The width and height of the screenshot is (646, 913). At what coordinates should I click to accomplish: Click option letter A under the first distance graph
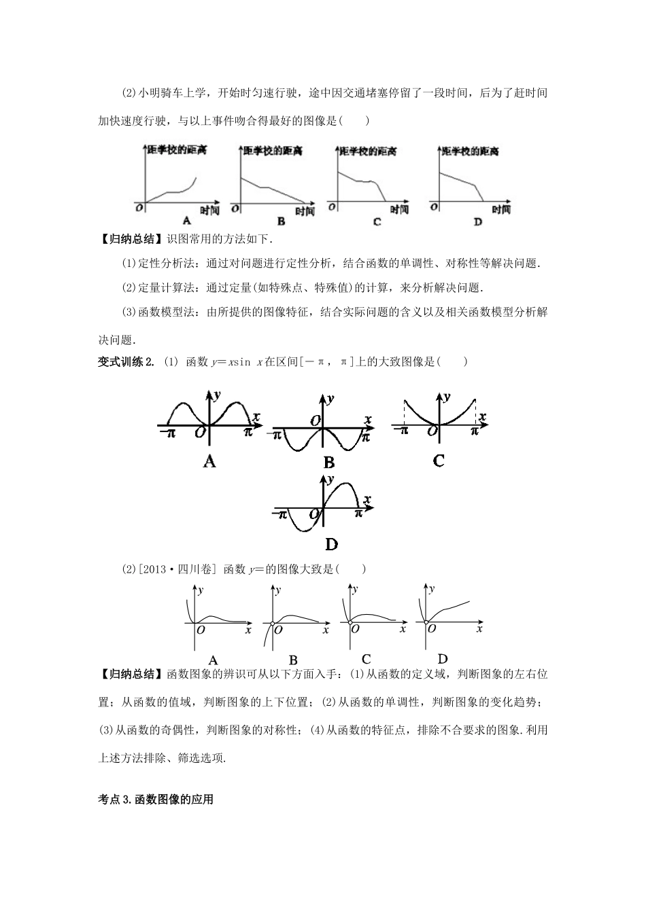(186, 221)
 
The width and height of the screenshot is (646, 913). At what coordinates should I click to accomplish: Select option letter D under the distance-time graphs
(477, 222)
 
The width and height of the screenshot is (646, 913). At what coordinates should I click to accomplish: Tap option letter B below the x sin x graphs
(329, 463)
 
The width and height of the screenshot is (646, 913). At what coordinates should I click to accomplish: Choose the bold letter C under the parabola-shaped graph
(439, 461)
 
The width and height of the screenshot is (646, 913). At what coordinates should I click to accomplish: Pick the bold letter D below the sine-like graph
(331, 544)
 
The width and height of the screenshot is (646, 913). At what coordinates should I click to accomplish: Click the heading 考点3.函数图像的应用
(156, 800)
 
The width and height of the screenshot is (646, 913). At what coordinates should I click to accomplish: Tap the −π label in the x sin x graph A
(168, 432)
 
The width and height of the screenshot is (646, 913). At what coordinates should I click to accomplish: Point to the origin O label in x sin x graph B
(315, 421)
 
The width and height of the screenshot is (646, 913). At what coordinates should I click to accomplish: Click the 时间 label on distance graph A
(210, 211)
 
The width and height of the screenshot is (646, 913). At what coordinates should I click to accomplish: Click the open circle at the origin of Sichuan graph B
(272, 624)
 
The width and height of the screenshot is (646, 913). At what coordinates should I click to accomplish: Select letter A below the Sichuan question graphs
(212, 660)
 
